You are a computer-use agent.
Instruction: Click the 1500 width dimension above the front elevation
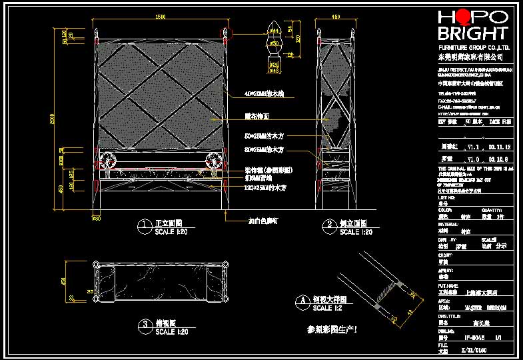point(160,17)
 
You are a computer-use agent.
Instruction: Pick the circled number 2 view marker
point(328,225)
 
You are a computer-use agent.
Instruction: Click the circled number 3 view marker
point(143,325)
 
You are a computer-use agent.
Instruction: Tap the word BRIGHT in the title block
point(472,34)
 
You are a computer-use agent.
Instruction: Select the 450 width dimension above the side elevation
point(336,17)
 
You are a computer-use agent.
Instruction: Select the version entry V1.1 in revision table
point(472,145)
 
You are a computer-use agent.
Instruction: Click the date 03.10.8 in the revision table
point(498,159)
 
